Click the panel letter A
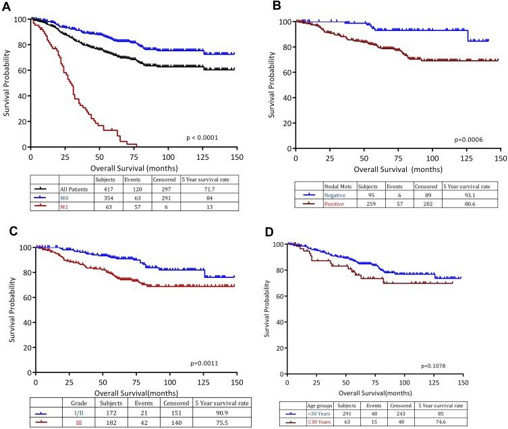tap(6, 6)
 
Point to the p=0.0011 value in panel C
tap(208, 364)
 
